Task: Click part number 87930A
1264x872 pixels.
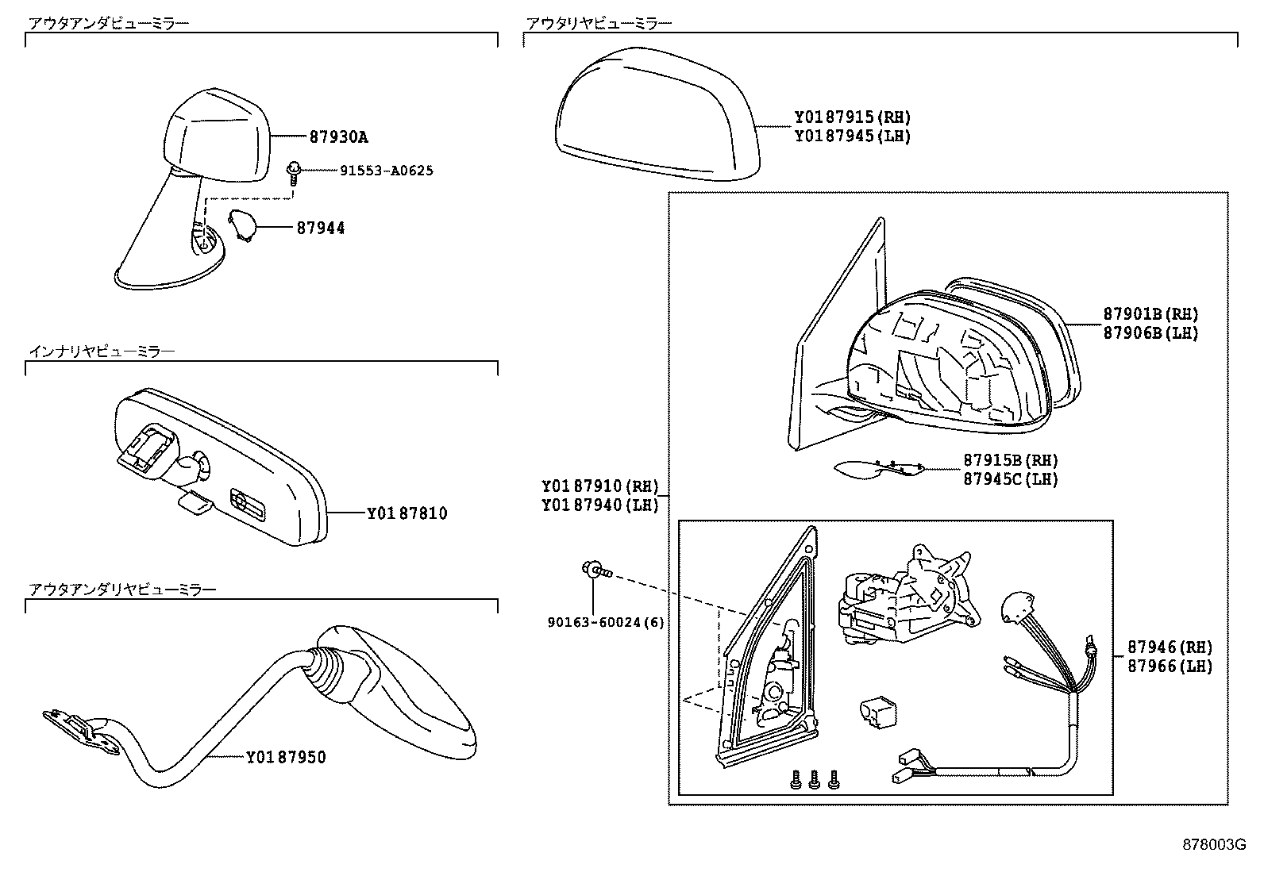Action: (x=338, y=136)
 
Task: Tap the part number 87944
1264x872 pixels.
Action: (x=321, y=229)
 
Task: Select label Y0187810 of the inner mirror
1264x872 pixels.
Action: (x=407, y=513)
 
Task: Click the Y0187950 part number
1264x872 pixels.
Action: (x=286, y=757)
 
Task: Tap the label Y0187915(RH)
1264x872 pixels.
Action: (x=852, y=117)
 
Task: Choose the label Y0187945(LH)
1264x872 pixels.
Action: (x=852, y=136)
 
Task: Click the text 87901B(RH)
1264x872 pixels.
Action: (x=1150, y=314)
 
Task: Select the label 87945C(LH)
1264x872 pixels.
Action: (x=1010, y=478)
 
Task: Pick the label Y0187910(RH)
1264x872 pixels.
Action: (x=600, y=486)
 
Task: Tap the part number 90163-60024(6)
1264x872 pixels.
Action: (x=605, y=623)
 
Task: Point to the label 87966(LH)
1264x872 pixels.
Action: (x=1170, y=666)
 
